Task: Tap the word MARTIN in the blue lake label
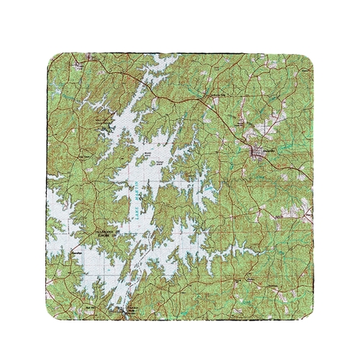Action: (134, 195)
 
